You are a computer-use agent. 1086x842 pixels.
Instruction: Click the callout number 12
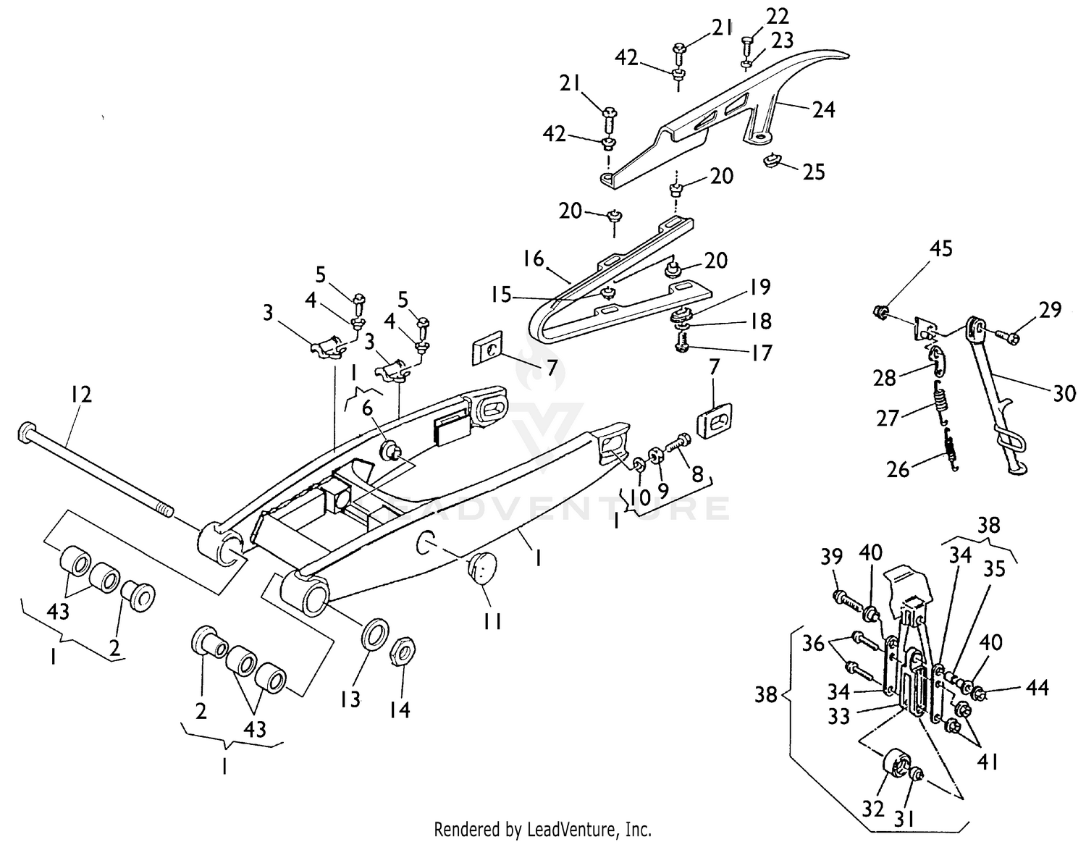(81, 395)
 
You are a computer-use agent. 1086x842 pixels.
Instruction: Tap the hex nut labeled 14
(402, 653)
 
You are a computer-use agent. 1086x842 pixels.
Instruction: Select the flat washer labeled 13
(374, 635)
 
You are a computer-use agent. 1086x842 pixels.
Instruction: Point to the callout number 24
(823, 109)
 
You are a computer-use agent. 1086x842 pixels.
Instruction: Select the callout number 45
(940, 249)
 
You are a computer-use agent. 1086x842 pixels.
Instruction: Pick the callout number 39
(832, 557)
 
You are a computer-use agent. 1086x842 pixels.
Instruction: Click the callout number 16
(534, 258)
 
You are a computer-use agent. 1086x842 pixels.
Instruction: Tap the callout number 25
(814, 172)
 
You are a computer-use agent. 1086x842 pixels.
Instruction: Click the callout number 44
(1037, 688)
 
